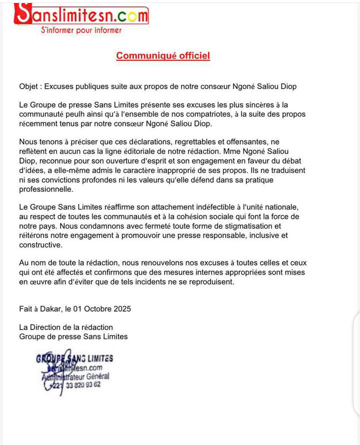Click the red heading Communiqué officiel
pos(163,55)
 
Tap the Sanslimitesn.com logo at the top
pos(81,15)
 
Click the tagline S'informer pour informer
pos(81,30)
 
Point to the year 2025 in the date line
pos(121,308)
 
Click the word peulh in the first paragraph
pos(75,114)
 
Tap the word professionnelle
pos(45,189)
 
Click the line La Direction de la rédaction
pos(66,327)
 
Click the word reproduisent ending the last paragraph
pos(209,281)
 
